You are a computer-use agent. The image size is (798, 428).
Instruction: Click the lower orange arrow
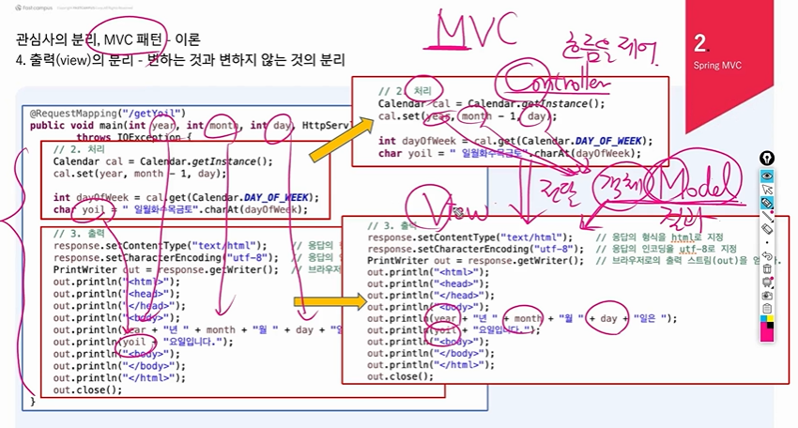[328, 302]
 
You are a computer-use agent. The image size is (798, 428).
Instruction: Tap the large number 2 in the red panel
[700, 42]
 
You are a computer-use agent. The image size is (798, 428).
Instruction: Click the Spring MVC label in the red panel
[718, 67]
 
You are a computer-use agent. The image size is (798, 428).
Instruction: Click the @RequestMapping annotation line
[108, 114]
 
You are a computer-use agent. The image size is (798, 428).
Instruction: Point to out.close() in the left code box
[87, 390]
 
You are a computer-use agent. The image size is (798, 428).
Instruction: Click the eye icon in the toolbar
[767, 176]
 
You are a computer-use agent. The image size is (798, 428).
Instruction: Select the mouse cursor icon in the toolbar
[767, 189]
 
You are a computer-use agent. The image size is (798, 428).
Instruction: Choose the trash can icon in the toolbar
[767, 268]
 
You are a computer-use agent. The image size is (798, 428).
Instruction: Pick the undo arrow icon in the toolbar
[767, 255]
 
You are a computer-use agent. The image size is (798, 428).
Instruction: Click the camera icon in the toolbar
[767, 295]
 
